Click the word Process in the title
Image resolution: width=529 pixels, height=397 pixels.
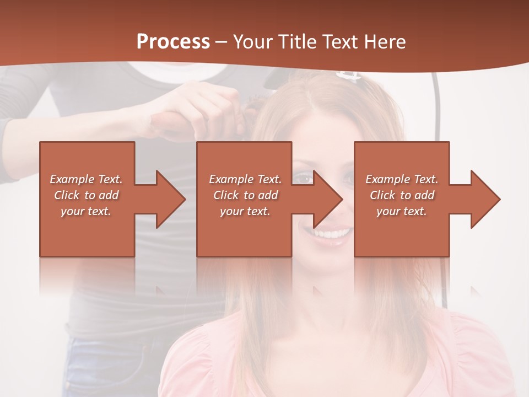tap(173, 41)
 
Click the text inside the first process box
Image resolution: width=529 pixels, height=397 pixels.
tap(86, 195)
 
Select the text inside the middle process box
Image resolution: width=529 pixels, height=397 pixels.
tap(245, 195)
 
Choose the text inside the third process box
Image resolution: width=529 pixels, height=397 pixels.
tap(402, 195)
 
